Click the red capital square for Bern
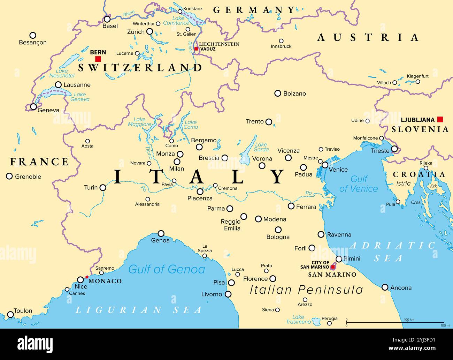pyautogui.click(x=98, y=59)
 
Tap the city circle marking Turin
pyautogui.click(x=103, y=188)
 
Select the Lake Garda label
pyautogui.click(x=261, y=147)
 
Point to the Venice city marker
pyautogui.click(x=325, y=165)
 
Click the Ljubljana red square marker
pyautogui.click(x=440, y=119)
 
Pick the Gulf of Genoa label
pyautogui.click(x=167, y=269)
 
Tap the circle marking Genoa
pyautogui.click(x=161, y=233)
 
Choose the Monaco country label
pyautogui.click(x=105, y=281)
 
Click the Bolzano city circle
pyautogui.click(x=278, y=93)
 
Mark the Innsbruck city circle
pyautogui.click(x=281, y=41)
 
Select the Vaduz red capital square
pyautogui.click(x=196, y=49)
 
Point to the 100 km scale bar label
pyautogui.click(x=409, y=320)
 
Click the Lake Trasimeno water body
pyautogui.click(x=316, y=321)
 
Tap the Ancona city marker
pyautogui.click(x=385, y=287)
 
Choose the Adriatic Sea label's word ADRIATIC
pyautogui.click(x=392, y=246)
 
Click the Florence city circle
pyautogui.click(x=273, y=278)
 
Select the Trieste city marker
pyautogui.click(x=394, y=149)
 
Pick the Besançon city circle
pyautogui.click(x=33, y=35)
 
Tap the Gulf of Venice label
pyautogui.click(x=359, y=184)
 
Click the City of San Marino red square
pyautogui.click(x=333, y=267)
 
